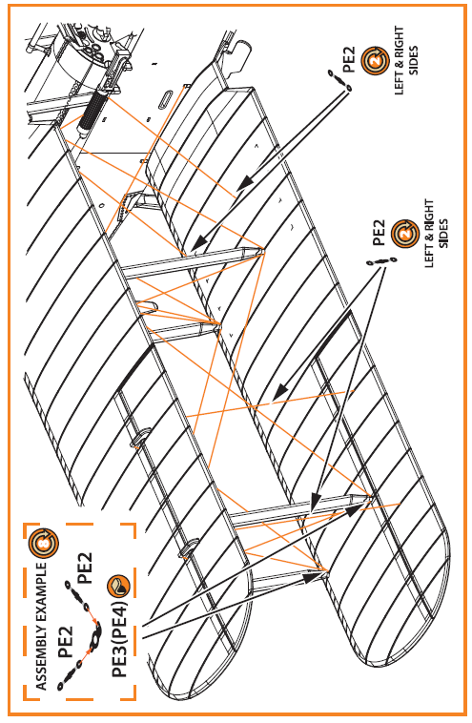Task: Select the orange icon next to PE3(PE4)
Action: coord(118,586)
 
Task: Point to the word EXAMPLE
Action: coord(42,590)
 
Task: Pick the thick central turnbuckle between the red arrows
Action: coord(96,637)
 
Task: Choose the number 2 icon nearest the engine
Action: coord(375,60)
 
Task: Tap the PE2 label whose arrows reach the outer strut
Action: coord(379,232)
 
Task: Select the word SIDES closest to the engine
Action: coord(414,60)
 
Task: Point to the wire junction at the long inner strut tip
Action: coord(262,250)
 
